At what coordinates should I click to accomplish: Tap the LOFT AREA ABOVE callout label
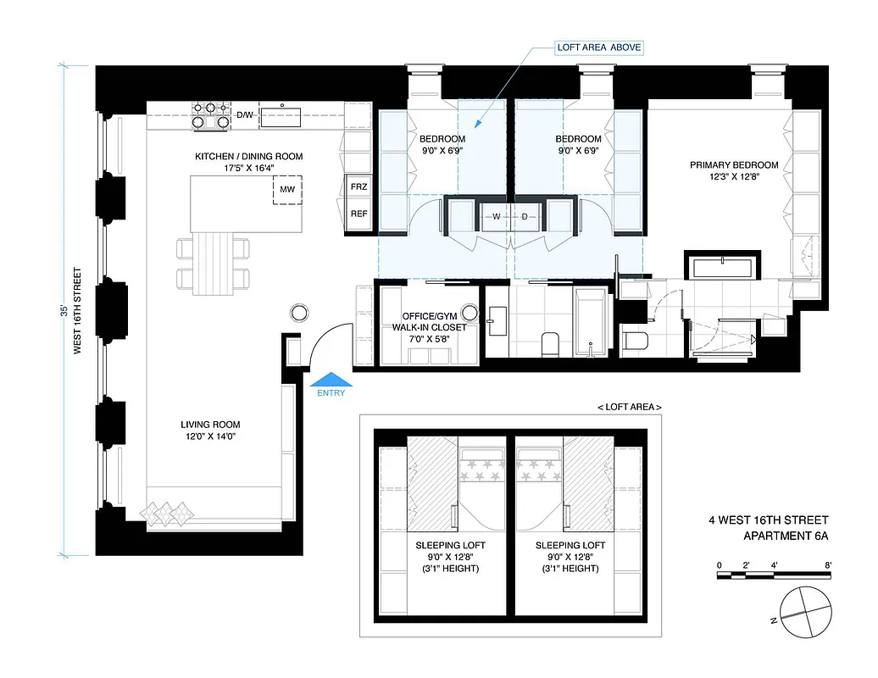tap(599, 48)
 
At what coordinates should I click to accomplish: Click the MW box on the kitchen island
tap(287, 190)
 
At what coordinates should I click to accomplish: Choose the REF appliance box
tap(358, 214)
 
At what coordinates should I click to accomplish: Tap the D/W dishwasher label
tap(245, 114)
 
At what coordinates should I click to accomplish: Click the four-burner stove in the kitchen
tap(211, 115)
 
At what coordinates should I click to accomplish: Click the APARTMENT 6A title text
tap(785, 535)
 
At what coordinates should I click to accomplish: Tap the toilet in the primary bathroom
tap(635, 342)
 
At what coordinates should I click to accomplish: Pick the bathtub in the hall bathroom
tap(590, 323)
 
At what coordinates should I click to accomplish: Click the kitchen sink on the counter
tap(284, 115)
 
